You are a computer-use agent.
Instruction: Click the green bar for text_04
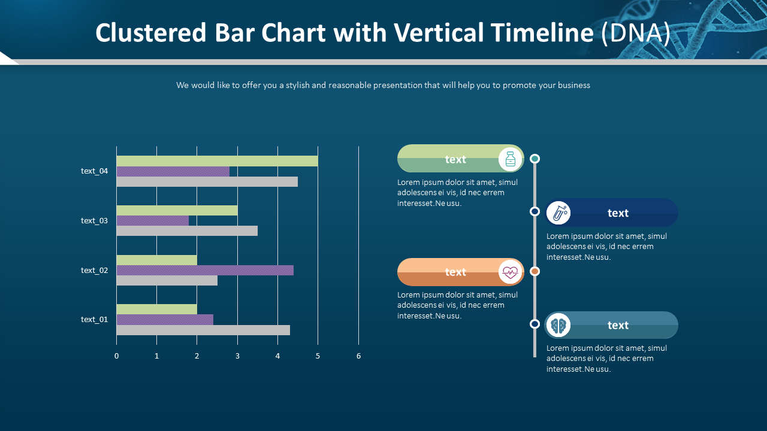217,161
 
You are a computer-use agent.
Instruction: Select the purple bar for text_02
205,270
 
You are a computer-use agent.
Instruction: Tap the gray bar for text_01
203,330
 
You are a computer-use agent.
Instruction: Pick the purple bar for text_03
153,220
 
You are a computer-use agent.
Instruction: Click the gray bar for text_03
187,230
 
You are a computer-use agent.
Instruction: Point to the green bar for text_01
156,309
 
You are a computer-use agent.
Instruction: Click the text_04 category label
94,171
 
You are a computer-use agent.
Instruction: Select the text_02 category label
94,271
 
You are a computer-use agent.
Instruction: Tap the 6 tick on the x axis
358,356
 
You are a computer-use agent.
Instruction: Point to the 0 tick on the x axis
117,356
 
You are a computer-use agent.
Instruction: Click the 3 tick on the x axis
237,356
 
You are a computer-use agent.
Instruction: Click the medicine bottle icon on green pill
510,159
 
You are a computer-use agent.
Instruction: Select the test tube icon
558,213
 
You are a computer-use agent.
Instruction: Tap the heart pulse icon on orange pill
510,272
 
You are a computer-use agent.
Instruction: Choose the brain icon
558,325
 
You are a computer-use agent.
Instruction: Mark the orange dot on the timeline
535,271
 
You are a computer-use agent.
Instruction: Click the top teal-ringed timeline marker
535,159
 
